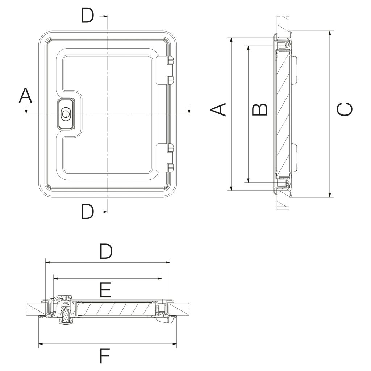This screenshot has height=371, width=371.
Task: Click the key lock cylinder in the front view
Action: [66, 114]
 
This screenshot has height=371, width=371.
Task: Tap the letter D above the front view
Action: [87, 16]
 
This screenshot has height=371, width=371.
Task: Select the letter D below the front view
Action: [87, 212]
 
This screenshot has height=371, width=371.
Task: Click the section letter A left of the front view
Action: [25, 96]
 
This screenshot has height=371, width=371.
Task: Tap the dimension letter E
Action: [105, 290]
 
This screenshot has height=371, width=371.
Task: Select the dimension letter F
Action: [105, 356]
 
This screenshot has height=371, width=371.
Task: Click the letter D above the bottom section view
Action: [106, 252]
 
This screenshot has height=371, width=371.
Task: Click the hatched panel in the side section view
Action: [283, 114]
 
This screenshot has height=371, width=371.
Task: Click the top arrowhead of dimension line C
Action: [330, 33]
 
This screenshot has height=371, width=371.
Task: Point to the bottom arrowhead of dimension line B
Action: [248, 180]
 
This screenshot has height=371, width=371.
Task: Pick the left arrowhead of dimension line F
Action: [41, 343]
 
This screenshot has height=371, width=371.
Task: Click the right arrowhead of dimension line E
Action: [160, 279]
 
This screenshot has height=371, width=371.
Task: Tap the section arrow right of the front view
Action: [189, 111]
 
